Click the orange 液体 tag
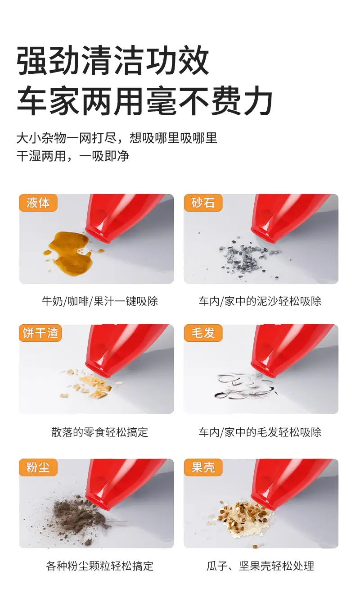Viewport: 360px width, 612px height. [38, 203]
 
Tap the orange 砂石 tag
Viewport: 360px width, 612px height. [203, 203]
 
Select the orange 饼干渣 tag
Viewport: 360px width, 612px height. [40, 333]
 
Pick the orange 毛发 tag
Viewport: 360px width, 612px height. [203, 333]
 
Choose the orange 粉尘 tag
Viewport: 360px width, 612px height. [38, 467]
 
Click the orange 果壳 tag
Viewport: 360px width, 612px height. [203, 467]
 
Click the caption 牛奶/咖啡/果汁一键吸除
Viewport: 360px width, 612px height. [100, 301]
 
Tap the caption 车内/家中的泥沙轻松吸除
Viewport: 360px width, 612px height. [260, 301]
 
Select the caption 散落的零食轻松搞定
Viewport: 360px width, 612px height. [99, 432]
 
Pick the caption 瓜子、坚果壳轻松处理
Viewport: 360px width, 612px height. [260, 566]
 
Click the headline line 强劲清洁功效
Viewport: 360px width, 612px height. [112, 60]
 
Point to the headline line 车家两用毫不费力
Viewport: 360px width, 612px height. [144, 100]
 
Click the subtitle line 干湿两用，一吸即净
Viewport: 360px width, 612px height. [72, 156]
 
